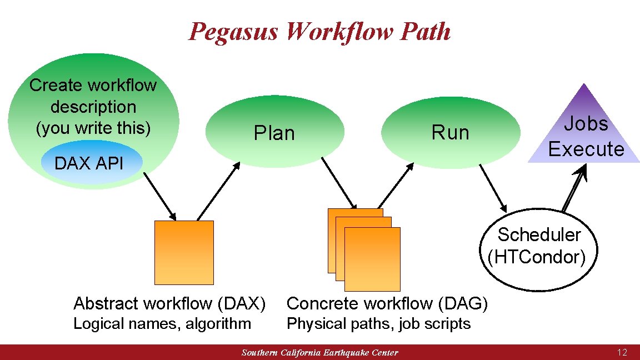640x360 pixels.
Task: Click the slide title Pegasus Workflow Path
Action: pyautogui.click(x=319, y=31)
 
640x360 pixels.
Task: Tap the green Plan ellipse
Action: pyautogui.click(x=274, y=133)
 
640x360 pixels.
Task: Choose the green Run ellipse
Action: pyautogui.click(x=451, y=133)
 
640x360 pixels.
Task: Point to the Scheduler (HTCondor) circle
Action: pyautogui.click(x=537, y=246)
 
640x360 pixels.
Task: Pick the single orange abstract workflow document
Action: pyautogui.click(x=184, y=252)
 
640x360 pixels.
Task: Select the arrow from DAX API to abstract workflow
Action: pyautogui.click(x=160, y=196)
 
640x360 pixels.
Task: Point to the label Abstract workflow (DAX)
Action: pyautogui.click(x=169, y=303)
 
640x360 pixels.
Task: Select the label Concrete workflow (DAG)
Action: pyautogui.click(x=387, y=303)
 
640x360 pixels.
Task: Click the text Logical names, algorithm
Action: pyautogui.click(x=162, y=323)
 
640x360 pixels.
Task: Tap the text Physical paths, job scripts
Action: pyautogui.click(x=378, y=323)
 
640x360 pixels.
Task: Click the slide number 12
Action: pyautogui.click(x=622, y=352)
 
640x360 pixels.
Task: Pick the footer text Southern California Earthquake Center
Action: pyautogui.click(x=320, y=353)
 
